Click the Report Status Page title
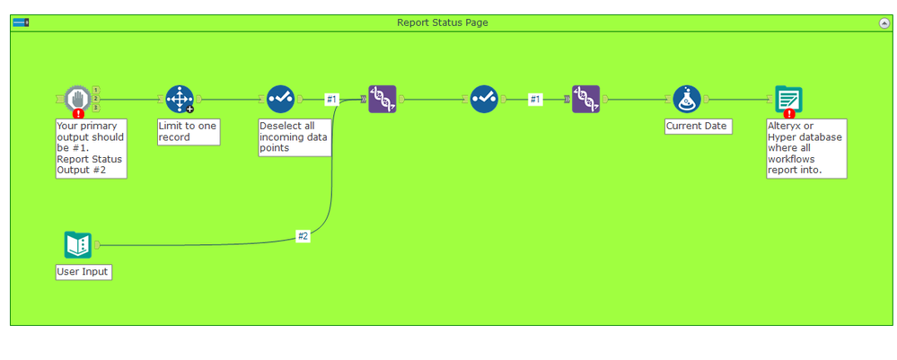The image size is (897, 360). [x=443, y=22]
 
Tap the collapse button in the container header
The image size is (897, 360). [x=884, y=23]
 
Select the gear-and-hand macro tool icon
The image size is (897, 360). [x=78, y=98]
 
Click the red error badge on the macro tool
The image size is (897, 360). [x=79, y=113]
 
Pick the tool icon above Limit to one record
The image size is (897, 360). [x=180, y=99]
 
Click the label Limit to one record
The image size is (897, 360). [x=188, y=132]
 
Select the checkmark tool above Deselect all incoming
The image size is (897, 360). [x=281, y=99]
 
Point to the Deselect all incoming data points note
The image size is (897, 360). [x=295, y=137]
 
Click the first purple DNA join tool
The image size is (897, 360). [x=383, y=99]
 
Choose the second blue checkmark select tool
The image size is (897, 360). [x=484, y=99]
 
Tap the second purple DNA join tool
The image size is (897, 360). [x=585, y=99]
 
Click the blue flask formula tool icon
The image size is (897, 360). [x=687, y=99]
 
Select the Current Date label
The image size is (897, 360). [x=697, y=127]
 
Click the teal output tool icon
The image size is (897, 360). [x=788, y=99]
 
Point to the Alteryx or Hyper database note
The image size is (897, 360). [x=805, y=148]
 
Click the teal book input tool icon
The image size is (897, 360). [x=78, y=244]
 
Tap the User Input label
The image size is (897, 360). [x=84, y=271]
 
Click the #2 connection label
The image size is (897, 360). [x=303, y=236]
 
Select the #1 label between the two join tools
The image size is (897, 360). [x=535, y=100]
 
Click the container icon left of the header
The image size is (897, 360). [x=21, y=22]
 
